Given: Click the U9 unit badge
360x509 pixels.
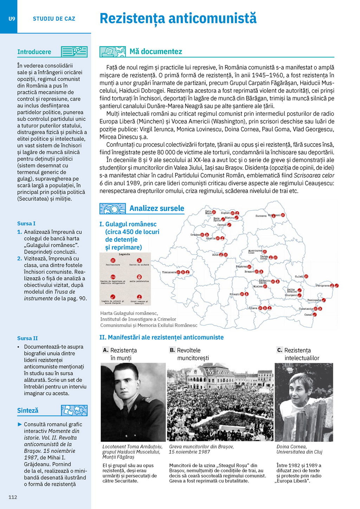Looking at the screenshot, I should point(12,19).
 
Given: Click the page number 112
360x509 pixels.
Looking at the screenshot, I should point(13,497).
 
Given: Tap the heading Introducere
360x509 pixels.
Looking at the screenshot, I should point(34,52).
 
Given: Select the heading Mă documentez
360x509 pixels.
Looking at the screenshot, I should point(156,52).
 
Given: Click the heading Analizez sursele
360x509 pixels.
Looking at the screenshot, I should point(157,208).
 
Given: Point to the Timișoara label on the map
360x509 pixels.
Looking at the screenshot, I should point(169,272).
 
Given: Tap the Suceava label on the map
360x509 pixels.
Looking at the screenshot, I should point(261,216).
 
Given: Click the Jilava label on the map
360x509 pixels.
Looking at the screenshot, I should point(253,308).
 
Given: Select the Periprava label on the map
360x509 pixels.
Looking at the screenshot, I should point(322,285).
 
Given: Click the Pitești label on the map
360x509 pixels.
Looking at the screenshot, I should point(234,294).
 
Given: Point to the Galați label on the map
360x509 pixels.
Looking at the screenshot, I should point(299,276).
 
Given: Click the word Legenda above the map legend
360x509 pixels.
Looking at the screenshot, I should point(124,254).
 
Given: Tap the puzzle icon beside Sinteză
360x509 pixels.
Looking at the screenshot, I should point(74,410).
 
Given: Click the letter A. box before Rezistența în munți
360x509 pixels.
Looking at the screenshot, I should point(105,350).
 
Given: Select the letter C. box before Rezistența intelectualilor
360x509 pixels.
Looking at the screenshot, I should point(279,350).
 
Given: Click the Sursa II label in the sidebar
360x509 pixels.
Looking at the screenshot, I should point(27,338).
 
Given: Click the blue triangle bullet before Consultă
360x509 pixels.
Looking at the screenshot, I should point(20,424).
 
